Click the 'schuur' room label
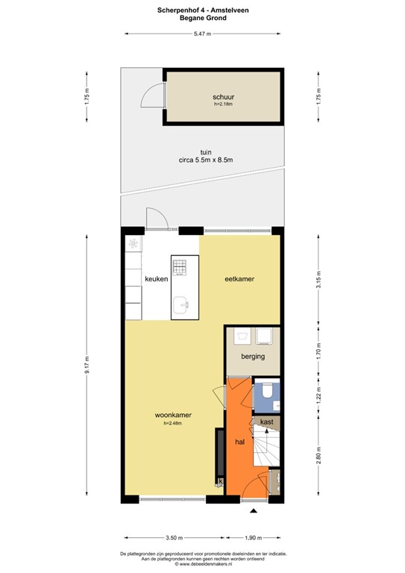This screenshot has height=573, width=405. coord(223,97)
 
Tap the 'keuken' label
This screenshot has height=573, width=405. coord(157,279)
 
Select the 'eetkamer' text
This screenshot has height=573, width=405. coord(239,279)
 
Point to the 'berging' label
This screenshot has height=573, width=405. coord(253,357)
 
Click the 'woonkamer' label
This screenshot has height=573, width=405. coord(173,415)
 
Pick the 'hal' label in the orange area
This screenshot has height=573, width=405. coord(239,442)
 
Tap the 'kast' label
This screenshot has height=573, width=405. coord(266,422)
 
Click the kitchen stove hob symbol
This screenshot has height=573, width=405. coord(179,266)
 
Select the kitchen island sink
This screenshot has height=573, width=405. coord(181,305)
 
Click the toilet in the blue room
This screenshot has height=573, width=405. coord(267,390)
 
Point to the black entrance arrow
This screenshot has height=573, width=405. coord(254,510)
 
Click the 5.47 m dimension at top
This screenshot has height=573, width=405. coord(203,34)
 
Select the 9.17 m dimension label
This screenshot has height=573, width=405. coord(87,365)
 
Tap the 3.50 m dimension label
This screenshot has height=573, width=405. coord(175,537)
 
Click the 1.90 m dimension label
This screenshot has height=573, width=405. coord(253,537)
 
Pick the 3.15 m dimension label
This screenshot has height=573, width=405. coord(318,280)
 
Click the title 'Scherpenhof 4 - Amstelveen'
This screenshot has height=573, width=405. coord(203,10)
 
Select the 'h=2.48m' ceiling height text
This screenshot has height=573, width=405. coord(173,423)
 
